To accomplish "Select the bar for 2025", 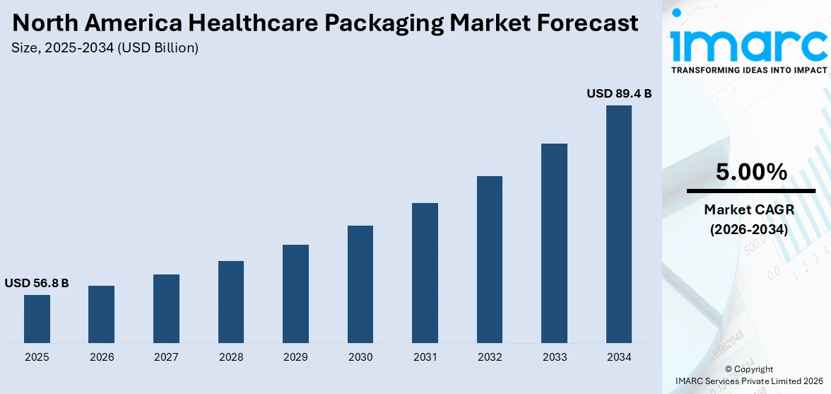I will coord(37,318).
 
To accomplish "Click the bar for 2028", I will coord(231,302).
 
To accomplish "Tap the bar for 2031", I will coord(425,273).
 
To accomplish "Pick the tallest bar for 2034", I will coord(619,224).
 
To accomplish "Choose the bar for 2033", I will coord(554,243).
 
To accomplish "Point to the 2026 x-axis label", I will coord(102,357).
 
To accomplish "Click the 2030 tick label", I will coord(360,357).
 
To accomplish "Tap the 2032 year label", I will coord(490,357).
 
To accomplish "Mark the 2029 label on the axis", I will coord(295,357).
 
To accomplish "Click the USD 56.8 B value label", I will coord(37,283).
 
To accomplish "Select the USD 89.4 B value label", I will coord(619,93).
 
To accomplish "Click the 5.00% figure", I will coord(751,172).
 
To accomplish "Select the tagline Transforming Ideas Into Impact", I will coord(749,70).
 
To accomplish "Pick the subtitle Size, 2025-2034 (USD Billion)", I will coord(105,48).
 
